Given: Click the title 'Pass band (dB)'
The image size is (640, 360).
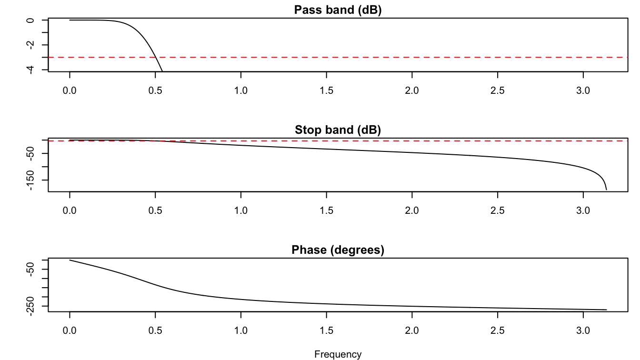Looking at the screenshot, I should coord(338,10).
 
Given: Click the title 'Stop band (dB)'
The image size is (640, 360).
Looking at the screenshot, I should coord(338,130).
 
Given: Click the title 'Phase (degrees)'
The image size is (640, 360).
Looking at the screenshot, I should coord(338,250).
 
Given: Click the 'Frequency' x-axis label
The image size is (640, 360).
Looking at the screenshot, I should coord(338,354).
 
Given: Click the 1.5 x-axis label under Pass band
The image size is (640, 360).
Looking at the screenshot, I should coord(326,90).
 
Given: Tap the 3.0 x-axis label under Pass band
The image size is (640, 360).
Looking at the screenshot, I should coord(583,90).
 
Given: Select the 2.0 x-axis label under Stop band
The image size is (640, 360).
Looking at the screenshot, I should coord(412,210).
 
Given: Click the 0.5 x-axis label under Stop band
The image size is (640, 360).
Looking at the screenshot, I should coord(155,210).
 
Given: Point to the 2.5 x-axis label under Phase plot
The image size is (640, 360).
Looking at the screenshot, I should coord(497,330).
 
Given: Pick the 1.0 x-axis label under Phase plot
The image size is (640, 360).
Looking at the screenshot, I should coord(241,330).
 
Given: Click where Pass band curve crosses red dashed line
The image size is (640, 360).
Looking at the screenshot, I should coord(155,57).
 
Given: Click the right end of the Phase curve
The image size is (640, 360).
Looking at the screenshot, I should coord(606,310).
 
